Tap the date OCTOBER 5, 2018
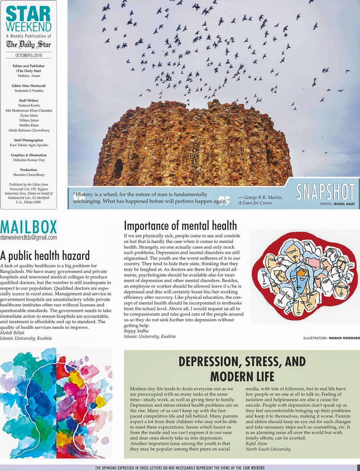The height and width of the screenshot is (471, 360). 29,56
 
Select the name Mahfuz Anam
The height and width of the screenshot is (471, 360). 29,76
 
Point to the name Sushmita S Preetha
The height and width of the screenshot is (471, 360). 29,91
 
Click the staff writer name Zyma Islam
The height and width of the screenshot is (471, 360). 29,115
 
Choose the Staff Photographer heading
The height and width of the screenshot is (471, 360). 29,140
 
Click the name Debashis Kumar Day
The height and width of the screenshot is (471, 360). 29,160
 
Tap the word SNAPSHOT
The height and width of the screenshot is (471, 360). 325,192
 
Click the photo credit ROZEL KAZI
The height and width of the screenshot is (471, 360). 344,204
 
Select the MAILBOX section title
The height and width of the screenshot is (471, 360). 29,227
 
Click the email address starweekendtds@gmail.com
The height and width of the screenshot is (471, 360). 29,237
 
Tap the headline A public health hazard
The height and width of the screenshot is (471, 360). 45,256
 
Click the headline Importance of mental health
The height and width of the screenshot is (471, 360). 180,225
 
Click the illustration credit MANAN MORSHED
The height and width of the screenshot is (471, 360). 344,338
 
